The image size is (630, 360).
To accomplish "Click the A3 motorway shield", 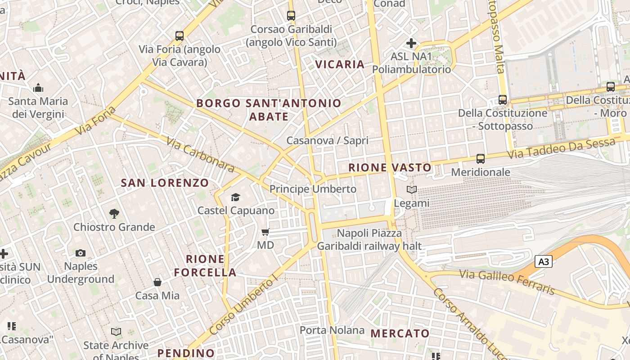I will tap(544, 261).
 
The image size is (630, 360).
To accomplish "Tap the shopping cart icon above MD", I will tap(265, 232).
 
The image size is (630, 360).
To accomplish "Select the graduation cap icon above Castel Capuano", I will tap(235, 197).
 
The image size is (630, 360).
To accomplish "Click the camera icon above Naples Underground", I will tap(81, 253).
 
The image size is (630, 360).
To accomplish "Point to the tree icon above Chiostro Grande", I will tap(114, 214).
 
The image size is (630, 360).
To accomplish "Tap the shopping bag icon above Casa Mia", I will tap(157, 282).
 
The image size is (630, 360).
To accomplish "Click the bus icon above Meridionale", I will tap(481, 159).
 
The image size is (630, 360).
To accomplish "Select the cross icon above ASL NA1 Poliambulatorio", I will tap(411, 43).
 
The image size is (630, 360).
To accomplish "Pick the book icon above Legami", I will tap(412, 190).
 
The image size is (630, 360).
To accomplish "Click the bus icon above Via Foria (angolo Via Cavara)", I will tap(180, 36).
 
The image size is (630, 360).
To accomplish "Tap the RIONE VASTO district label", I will tap(390, 168).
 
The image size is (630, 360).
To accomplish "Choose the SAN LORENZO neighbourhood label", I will tap(165, 183).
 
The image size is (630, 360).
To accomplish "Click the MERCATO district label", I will tap(400, 333).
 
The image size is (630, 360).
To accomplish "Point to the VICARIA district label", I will tap(340, 64).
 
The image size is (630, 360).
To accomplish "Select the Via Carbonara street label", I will tap(200, 155).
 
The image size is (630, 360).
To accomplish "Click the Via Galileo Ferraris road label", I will tap(507, 282).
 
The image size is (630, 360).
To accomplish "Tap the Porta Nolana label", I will tap(332, 330).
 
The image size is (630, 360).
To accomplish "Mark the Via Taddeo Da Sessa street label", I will tap(561, 148).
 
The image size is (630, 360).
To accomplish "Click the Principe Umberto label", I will tap(313, 189).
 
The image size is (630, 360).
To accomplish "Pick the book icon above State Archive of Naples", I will tap(116, 332).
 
